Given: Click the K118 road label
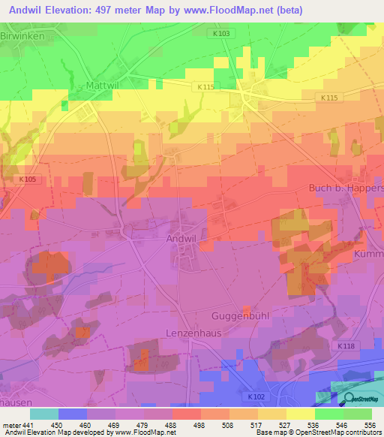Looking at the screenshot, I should tap(345, 345).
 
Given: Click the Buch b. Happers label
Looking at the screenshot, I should tap(346, 188).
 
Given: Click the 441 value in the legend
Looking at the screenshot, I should tap(25, 425).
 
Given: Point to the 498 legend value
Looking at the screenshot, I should tap(199, 425).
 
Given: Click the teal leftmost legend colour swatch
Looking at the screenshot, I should tap(44, 414).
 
